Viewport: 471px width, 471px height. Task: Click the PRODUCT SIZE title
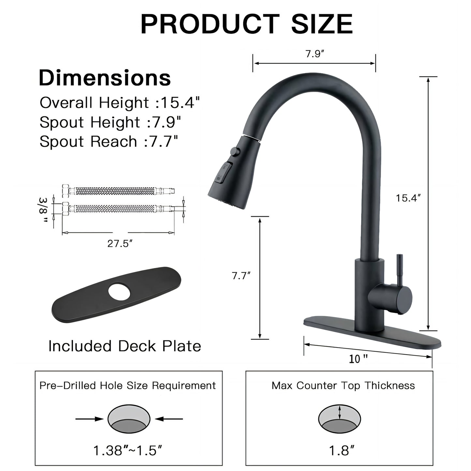point(246,24)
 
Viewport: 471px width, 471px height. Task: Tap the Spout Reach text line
point(109,141)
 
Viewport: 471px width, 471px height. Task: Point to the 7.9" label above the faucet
point(314,54)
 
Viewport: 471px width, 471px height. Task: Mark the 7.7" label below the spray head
point(241,276)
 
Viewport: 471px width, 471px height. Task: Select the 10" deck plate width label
point(358,359)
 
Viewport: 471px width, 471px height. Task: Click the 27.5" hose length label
point(120,243)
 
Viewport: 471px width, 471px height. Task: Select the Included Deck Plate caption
point(125,346)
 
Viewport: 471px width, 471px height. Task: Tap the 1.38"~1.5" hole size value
point(128,451)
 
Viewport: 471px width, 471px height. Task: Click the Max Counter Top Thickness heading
point(343,386)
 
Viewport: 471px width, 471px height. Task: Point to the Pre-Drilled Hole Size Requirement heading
point(127,386)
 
